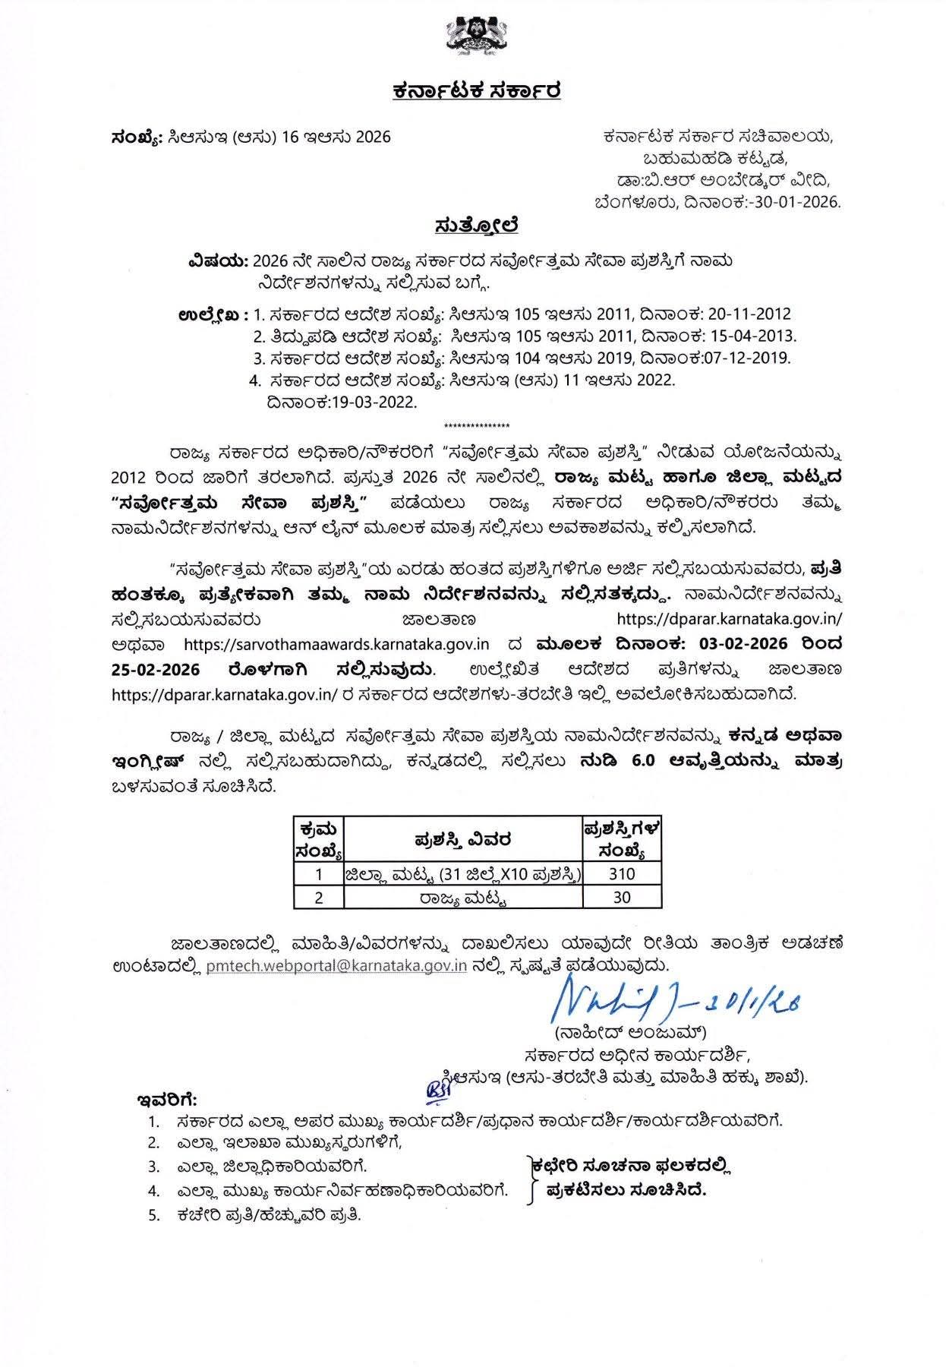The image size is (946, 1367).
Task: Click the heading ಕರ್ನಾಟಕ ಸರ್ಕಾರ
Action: point(477,92)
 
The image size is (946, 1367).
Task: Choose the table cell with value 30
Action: point(622,897)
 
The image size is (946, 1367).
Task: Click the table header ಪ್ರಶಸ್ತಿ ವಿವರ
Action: point(462,840)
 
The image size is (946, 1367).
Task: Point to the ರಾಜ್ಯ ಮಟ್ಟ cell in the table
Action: point(462,898)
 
